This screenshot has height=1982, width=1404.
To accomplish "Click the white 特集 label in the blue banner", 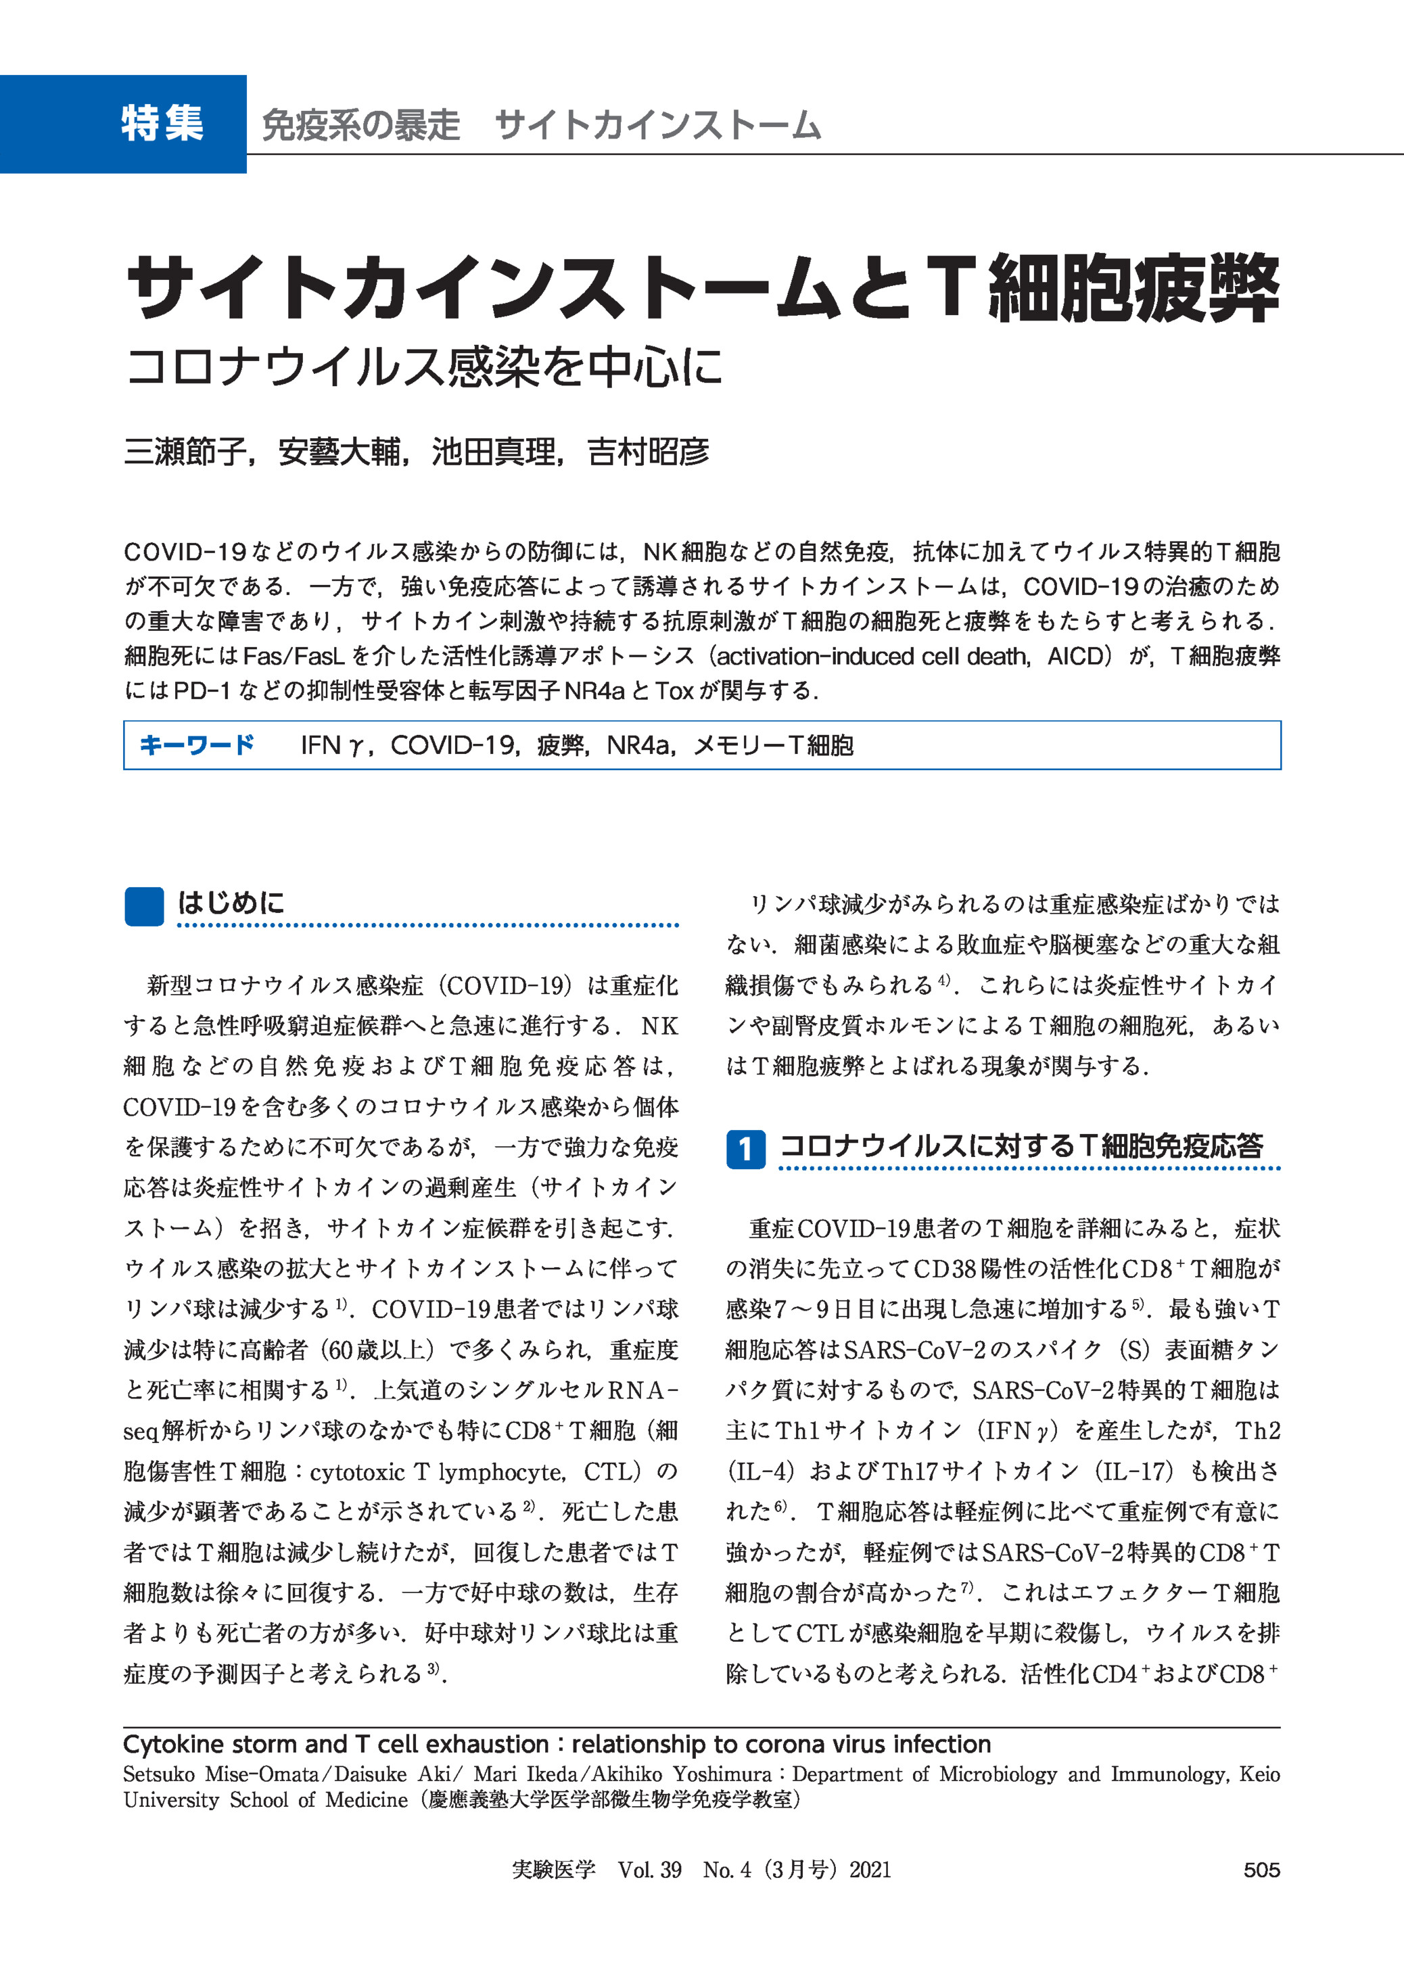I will [x=162, y=124].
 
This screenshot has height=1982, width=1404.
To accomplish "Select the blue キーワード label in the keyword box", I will [x=197, y=745].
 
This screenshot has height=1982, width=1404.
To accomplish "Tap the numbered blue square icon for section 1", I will [x=745, y=1149].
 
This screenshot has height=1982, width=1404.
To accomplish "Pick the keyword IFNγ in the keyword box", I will [x=332, y=745].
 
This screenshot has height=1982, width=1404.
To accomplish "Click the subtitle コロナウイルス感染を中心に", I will [x=423, y=367].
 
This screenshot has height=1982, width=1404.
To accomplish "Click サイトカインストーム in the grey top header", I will [x=657, y=125].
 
